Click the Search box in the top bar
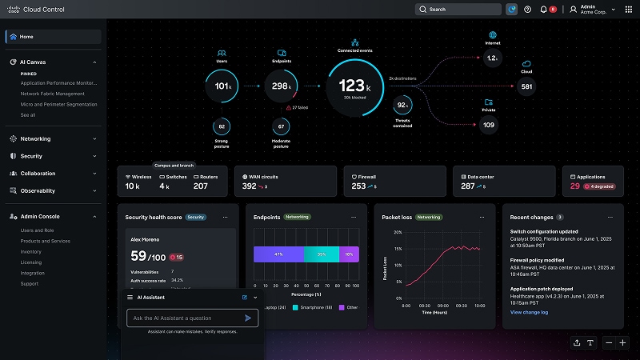(457, 10)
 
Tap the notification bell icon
(544, 10)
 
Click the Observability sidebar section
(38, 190)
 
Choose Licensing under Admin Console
(31, 262)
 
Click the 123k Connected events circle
(351, 85)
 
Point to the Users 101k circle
(221, 86)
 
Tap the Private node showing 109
(488, 125)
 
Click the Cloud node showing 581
(526, 86)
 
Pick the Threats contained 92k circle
(402, 106)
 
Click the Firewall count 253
(358, 186)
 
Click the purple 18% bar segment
(349, 254)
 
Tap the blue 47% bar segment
(278, 254)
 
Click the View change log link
(529, 312)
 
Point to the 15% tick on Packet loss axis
(397, 232)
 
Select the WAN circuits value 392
(249, 186)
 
